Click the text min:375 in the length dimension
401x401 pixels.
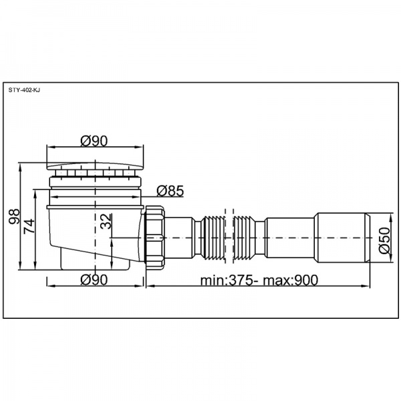[227, 281]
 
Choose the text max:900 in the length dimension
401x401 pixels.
[291, 281]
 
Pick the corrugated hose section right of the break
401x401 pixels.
[245, 237]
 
